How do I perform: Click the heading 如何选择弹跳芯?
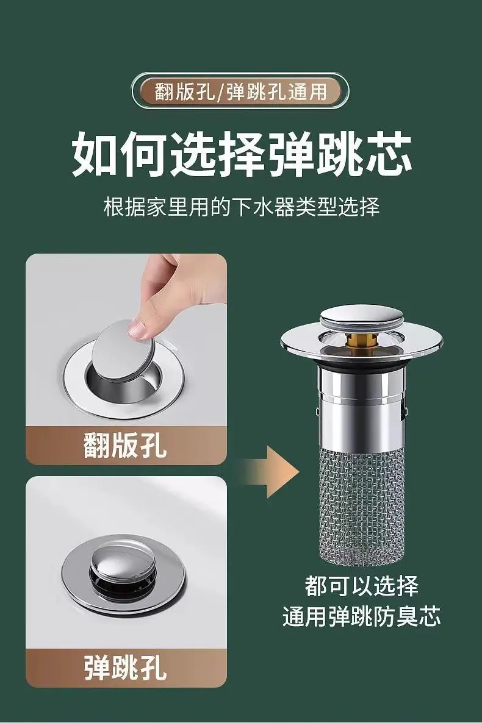pyautogui.click(x=242, y=154)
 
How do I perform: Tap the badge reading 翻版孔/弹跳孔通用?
pyautogui.click(x=240, y=90)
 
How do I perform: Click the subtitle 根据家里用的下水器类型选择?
pyautogui.click(x=241, y=207)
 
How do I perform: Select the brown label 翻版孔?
pyautogui.click(x=126, y=445)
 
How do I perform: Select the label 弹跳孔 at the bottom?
pyautogui.click(x=126, y=668)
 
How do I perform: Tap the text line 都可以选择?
pyautogui.click(x=361, y=586)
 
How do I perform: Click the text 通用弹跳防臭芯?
pyautogui.click(x=361, y=616)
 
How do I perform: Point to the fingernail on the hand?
pyautogui.click(x=137, y=329)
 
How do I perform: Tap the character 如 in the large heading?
pyautogui.click(x=95, y=154)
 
